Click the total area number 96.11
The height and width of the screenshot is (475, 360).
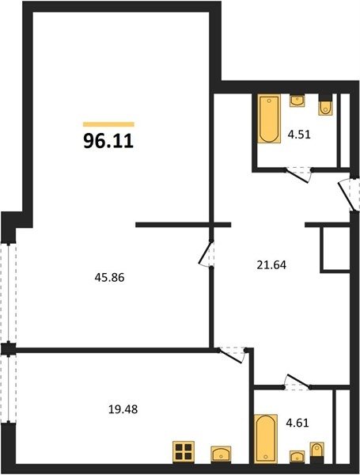click(x=108, y=141)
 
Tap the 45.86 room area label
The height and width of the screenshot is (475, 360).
click(x=110, y=278)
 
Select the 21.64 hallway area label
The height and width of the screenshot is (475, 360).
click(x=271, y=265)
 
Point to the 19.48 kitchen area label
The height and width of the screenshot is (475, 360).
click(x=123, y=409)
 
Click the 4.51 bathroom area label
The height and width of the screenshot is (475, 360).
click(x=299, y=135)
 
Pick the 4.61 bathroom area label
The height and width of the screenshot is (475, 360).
click(x=297, y=423)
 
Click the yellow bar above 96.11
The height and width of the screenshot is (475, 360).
click(x=108, y=124)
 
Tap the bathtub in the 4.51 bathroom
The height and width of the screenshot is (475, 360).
click(x=269, y=119)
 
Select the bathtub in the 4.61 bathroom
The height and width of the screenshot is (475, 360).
click(x=266, y=439)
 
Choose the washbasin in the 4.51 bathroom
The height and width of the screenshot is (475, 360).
click(x=297, y=101)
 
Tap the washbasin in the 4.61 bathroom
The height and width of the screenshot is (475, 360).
click(x=297, y=457)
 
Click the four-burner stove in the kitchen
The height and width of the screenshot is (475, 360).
click(x=184, y=452)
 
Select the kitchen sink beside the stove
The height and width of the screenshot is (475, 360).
click(x=221, y=454)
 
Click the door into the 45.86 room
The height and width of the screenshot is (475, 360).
click(x=207, y=253)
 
